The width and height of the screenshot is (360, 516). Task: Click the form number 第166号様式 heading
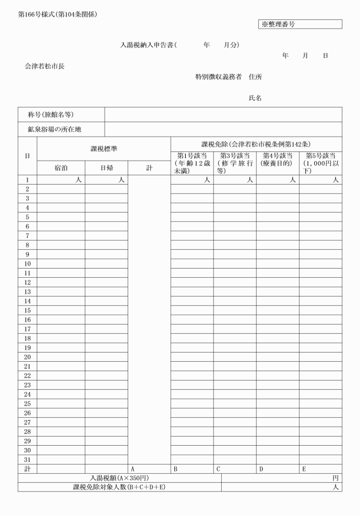(x=58, y=14)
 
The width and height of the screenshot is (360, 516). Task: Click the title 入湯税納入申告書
(x=147, y=45)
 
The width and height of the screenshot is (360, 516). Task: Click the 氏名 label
(x=255, y=98)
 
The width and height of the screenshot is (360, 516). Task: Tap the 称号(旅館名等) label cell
(x=51, y=114)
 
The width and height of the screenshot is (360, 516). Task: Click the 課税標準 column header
(x=103, y=149)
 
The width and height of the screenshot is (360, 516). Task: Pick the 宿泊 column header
(x=61, y=168)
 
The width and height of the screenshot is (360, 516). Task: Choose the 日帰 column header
(x=106, y=168)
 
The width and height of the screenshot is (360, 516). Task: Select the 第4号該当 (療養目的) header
(x=277, y=160)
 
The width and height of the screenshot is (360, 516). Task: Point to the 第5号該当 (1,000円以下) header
(x=320, y=163)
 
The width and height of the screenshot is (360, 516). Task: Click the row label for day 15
(x=27, y=310)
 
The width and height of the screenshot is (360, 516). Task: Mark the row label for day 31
(x=27, y=459)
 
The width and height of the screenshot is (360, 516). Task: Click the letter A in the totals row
(x=133, y=469)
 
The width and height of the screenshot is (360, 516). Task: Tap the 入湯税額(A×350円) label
(x=119, y=478)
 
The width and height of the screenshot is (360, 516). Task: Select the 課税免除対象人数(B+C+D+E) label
(x=119, y=487)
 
